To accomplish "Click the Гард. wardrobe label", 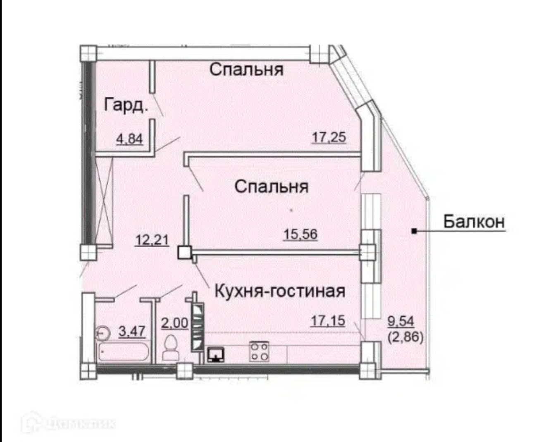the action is click(126, 105).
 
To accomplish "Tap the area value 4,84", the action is click(129, 139).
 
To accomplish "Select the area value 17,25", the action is click(329, 137).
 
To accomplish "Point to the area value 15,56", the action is click(300, 234).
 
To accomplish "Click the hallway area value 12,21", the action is click(152, 240).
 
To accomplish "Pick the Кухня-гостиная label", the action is click(280, 291).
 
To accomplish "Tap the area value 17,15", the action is click(328, 321).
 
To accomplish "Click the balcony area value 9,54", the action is click(400, 321).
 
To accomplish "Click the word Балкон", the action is click(474, 222).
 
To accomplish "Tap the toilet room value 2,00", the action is click(175, 323).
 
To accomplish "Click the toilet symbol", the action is click(171, 348).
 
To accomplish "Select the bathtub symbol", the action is click(123, 351).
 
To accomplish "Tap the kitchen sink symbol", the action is click(216, 354).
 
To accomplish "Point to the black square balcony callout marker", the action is click(414, 231).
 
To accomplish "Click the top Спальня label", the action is click(246, 69).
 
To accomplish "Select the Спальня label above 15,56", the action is click(272, 186).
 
